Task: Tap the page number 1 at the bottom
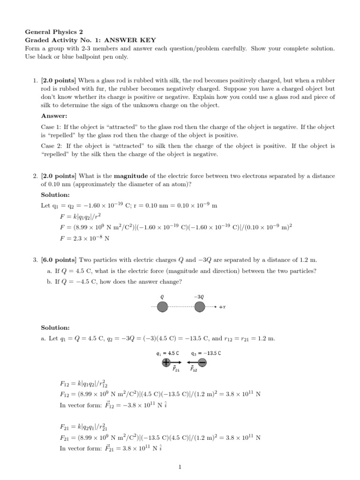click(x=180, y=466)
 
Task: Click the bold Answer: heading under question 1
click(x=54, y=116)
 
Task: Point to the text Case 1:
click(x=52, y=127)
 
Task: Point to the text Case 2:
click(x=52, y=146)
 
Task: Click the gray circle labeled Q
click(x=162, y=307)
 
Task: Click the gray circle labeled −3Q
click(x=199, y=307)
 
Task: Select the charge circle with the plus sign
click(x=166, y=362)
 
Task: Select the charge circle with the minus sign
click(x=202, y=362)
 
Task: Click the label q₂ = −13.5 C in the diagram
click(x=206, y=353)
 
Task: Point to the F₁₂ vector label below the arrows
click(x=194, y=369)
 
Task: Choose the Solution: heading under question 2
click(x=55, y=194)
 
